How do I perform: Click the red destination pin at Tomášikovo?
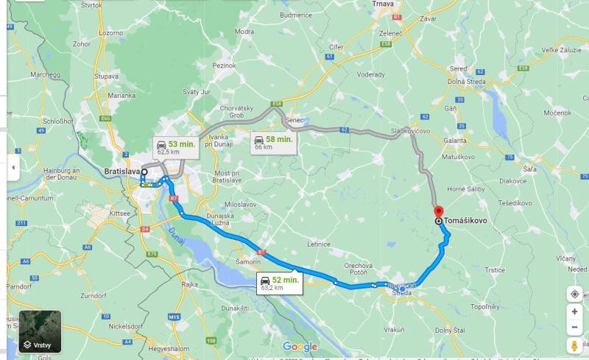click(439, 211)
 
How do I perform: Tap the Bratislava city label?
click(121, 172)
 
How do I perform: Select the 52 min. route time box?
click(279, 283)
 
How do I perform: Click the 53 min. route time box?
click(174, 147)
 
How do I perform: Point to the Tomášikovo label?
click(466, 220)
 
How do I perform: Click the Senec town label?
click(294, 120)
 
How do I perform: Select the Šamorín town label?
click(248, 262)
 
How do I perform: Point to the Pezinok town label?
click(224, 66)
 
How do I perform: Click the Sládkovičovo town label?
click(411, 130)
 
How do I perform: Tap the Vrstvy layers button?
click(40, 332)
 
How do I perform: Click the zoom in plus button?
click(575, 311)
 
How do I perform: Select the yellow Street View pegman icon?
click(575, 346)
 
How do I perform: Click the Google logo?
click(300, 347)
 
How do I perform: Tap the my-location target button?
click(575, 294)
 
